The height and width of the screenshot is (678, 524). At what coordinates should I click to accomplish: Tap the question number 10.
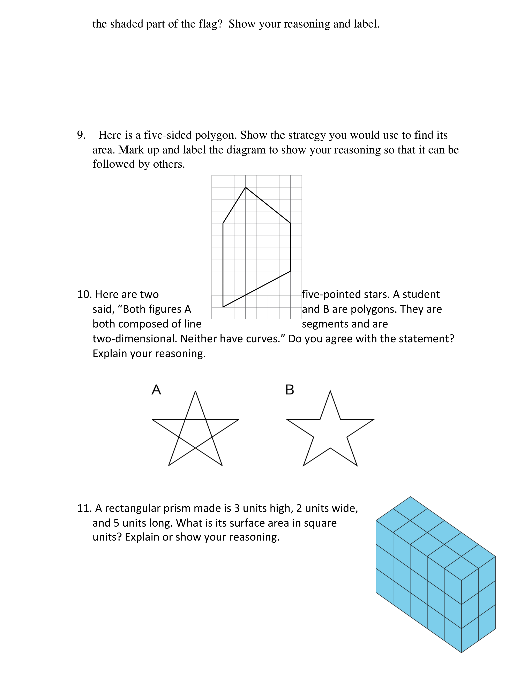84,294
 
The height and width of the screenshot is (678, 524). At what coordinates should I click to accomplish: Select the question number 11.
84,508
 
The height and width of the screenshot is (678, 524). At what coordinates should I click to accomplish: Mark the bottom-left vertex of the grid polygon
223,307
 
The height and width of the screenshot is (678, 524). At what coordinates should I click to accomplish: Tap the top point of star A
195,391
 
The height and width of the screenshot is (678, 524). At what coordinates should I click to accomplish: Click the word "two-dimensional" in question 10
135,339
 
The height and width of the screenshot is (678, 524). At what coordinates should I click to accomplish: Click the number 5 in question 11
116,523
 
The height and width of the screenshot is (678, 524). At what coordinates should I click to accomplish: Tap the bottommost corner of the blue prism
461,653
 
